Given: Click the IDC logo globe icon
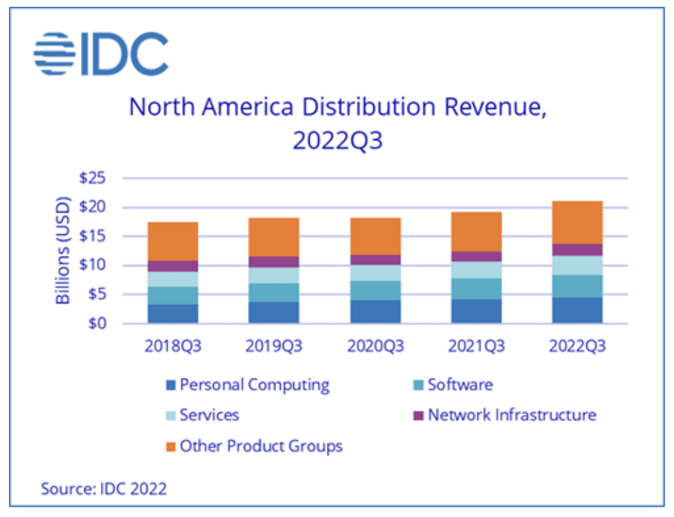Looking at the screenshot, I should coord(53,53).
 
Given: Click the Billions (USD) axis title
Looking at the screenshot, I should coord(62,251).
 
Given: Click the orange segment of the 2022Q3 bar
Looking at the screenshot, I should coord(577,222).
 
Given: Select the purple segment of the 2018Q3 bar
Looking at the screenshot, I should coord(173,266).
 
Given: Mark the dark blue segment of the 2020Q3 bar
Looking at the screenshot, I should coord(375,312).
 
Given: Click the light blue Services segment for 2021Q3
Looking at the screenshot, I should coord(476,270).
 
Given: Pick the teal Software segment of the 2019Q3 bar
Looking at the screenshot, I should coord(274,292).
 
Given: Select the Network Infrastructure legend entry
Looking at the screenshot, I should coord(511,415).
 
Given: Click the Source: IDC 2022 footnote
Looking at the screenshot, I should coord(104,488).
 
